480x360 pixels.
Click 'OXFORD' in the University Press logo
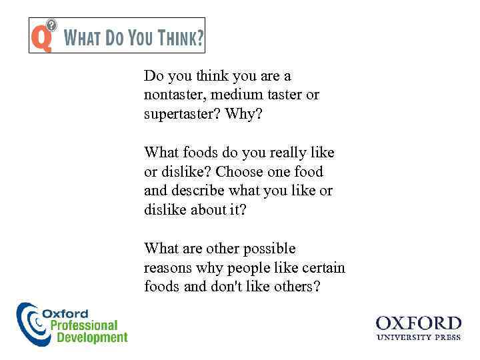(418, 324)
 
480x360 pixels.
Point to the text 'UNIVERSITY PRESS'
(418, 338)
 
